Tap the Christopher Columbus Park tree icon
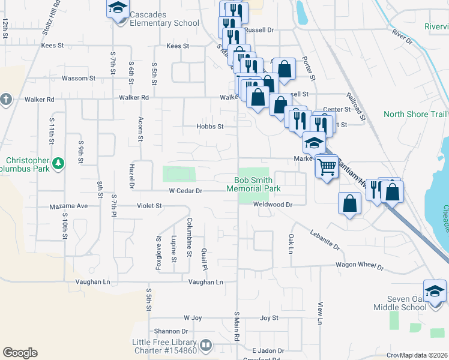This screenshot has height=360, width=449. point(58,163)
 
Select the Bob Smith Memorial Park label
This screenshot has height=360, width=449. point(253,184)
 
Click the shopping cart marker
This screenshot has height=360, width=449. point(327,166)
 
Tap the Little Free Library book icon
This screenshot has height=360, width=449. point(205,345)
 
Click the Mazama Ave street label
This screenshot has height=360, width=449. point(69,206)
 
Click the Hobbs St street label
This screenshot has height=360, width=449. point(210,127)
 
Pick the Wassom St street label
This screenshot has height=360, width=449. point(79,79)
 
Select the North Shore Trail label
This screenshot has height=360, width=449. point(415,114)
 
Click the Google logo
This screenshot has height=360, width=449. point(20,353)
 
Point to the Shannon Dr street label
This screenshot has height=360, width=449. point(170,331)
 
